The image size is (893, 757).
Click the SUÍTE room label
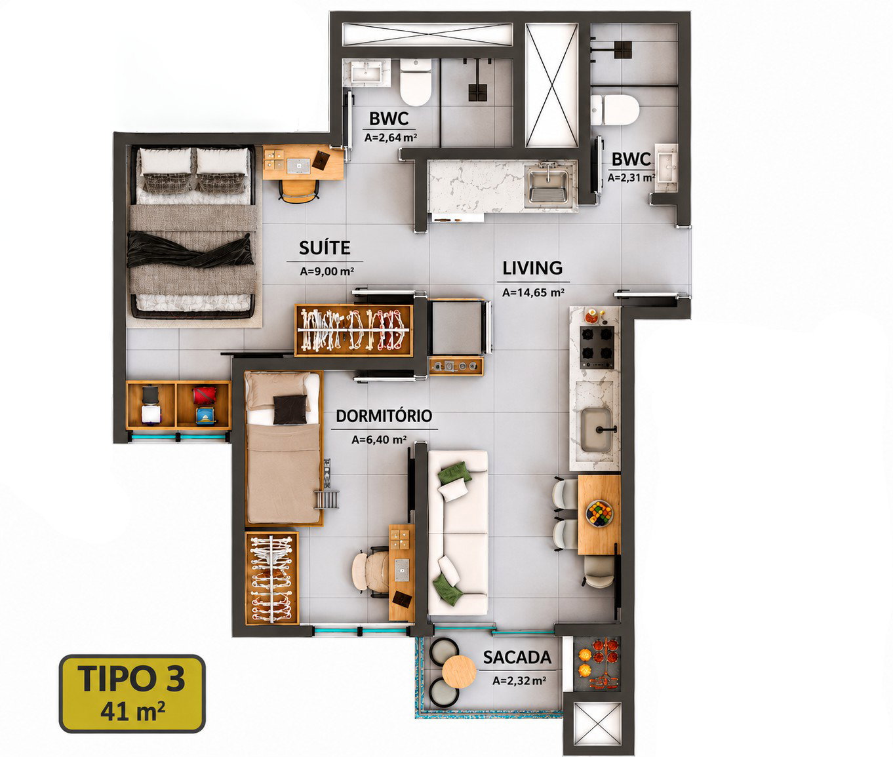(x=325, y=248)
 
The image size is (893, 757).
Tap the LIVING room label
(x=532, y=268)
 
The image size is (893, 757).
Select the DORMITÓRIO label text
(x=384, y=416)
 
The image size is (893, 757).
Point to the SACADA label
(x=517, y=657)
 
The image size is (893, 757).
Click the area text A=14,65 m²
(x=533, y=292)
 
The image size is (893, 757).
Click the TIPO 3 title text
(x=131, y=678)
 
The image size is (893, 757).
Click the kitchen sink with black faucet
(x=597, y=430)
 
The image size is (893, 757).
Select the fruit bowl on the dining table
(x=599, y=513)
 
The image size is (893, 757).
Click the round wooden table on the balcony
(x=459, y=672)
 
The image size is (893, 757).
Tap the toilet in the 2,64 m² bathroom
(x=416, y=82)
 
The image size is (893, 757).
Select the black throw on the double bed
(x=189, y=250)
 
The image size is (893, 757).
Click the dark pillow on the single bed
(x=290, y=410)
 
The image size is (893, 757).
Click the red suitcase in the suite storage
(x=204, y=395)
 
